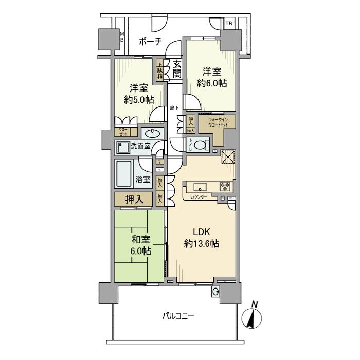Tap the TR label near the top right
point(228,24)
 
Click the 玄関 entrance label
point(177,70)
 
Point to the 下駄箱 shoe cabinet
point(160,69)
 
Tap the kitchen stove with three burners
point(225,186)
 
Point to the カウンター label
point(199,197)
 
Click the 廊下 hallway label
point(174,107)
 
